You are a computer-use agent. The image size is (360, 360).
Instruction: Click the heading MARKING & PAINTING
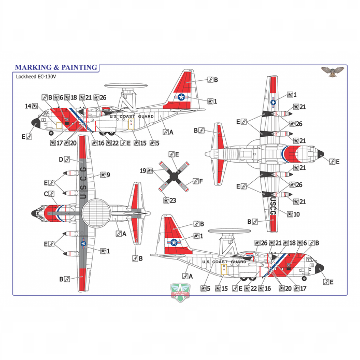click(56, 67)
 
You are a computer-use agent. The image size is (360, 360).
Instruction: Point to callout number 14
click(31, 106)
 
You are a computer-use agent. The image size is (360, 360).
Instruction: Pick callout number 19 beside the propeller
click(146, 170)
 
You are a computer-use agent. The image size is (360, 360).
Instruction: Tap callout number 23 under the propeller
click(169, 200)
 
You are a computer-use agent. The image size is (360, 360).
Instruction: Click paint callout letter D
click(64, 159)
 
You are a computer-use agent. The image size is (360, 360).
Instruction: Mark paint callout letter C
click(49, 194)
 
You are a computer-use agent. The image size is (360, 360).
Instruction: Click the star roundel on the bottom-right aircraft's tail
click(174, 242)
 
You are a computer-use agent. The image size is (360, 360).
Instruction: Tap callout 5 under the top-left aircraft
click(154, 142)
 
